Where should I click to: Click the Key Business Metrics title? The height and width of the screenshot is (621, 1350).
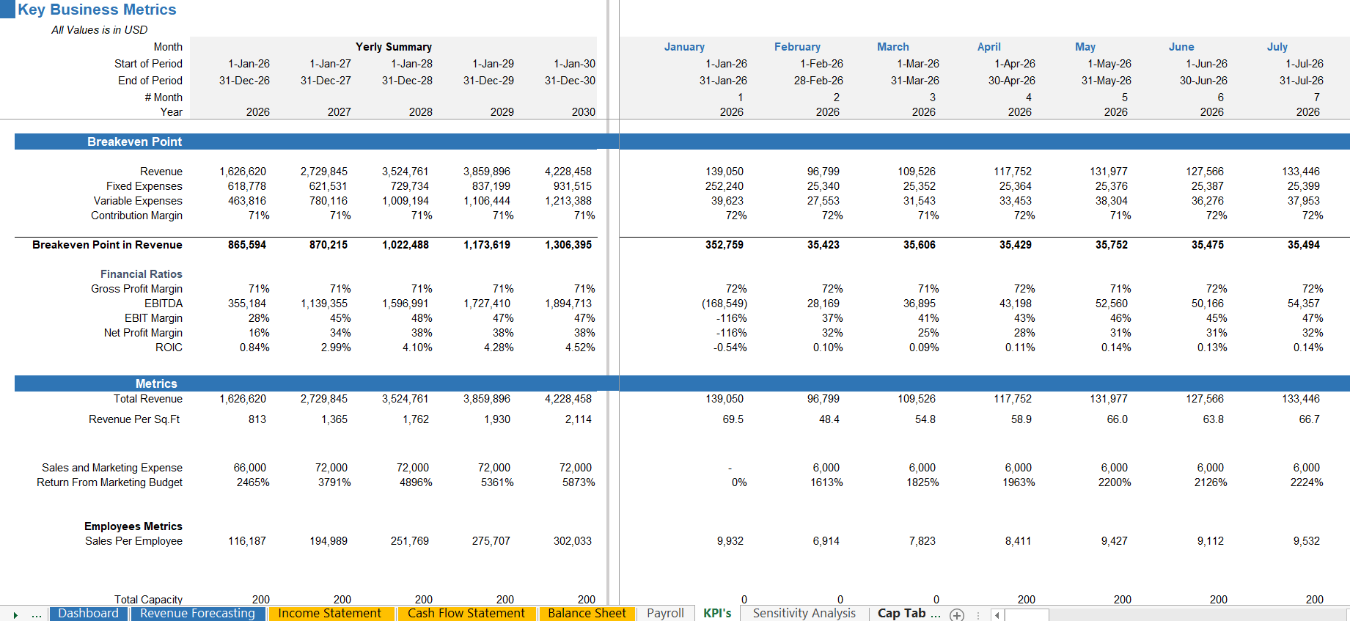97,10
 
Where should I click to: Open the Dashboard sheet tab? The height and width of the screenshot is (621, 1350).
88,613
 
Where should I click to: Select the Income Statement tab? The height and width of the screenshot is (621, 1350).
329,613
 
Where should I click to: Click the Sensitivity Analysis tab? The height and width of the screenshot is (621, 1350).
804,613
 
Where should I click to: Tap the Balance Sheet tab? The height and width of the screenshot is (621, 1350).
587,613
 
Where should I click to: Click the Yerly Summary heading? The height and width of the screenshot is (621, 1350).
393,47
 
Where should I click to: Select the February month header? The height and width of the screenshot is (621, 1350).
797,47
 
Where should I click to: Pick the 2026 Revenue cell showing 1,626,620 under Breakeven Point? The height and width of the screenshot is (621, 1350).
243,172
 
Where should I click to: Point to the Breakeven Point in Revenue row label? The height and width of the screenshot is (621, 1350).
107,245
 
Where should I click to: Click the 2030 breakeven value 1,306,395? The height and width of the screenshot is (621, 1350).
568,245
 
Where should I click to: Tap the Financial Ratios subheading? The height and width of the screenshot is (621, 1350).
141,274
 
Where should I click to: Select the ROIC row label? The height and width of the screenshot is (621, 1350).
169,348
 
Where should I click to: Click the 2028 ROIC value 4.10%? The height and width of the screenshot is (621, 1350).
417,348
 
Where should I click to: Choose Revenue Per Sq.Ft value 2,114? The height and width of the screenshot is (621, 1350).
578,419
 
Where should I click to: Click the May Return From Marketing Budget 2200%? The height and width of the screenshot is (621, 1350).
1114,482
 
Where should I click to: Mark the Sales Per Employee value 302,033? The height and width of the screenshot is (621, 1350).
572,541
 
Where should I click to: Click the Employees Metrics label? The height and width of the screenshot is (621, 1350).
133,526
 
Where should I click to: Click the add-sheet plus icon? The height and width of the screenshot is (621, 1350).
957,614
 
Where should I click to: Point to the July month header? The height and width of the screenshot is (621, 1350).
1277,47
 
